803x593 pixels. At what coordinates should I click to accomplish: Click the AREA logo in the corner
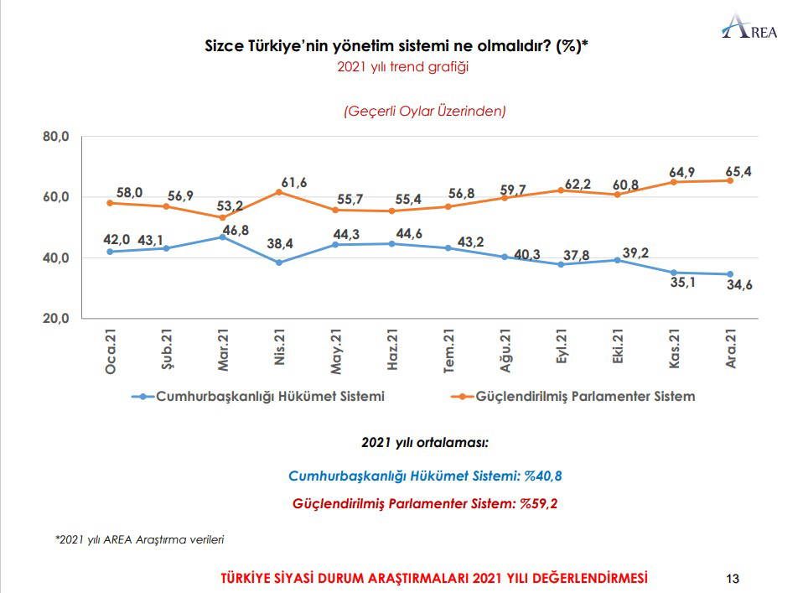click(750, 27)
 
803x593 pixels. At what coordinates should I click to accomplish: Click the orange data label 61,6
click(294, 182)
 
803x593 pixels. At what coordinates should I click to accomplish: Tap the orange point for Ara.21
click(730, 180)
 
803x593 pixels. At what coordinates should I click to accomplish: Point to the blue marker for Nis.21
click(279, 263)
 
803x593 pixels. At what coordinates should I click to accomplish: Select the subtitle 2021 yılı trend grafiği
click(401, 67)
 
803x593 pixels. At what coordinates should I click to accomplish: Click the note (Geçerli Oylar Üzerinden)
click(424, 110)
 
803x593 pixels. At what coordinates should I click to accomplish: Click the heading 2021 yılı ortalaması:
click(424, 442)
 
